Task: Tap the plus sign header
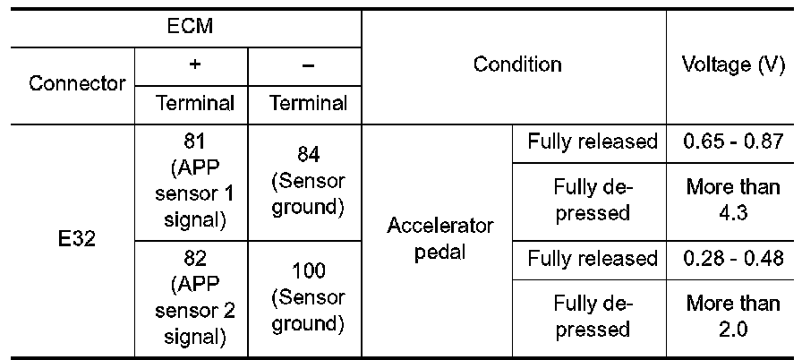[x=193, y=65]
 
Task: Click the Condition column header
[x=517, y=64]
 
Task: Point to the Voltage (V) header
[x=730, y=64]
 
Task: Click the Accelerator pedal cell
[x=439, y=239]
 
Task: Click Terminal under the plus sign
[x=194, y=103]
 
